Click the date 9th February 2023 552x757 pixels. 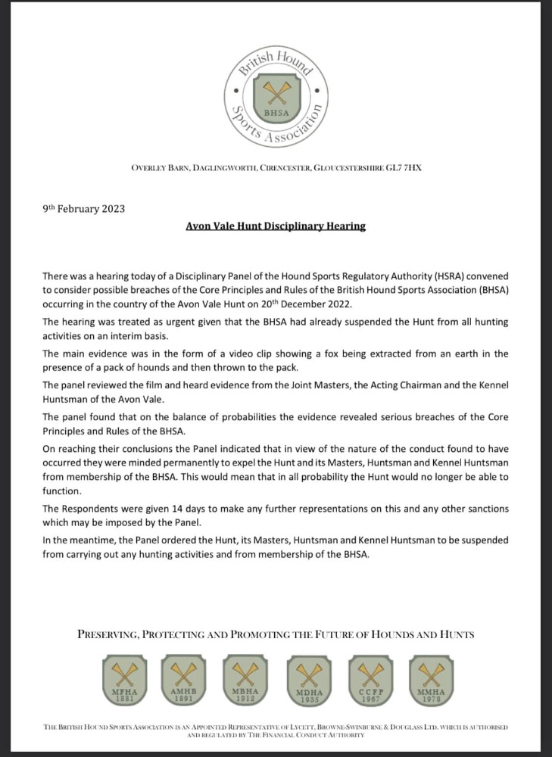(x=83, y=209)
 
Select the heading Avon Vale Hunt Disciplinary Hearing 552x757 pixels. (x=276, y=226)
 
